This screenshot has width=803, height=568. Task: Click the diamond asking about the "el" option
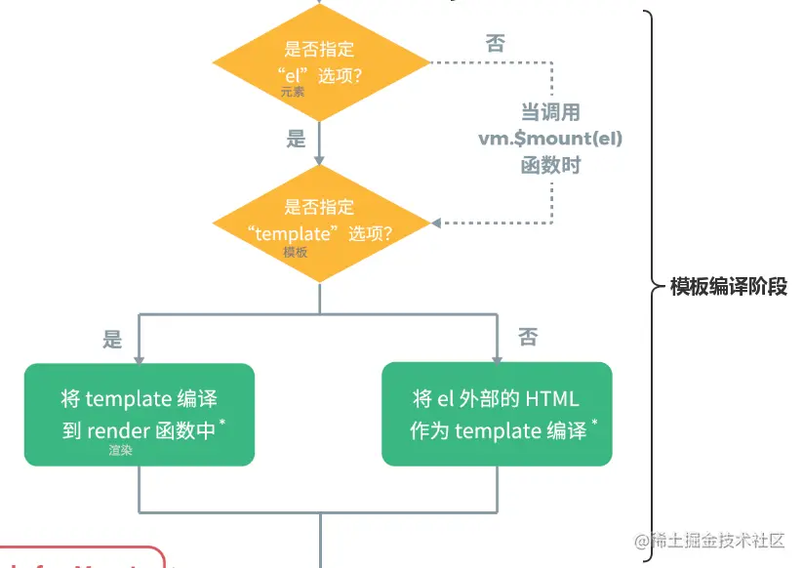tap(320, 63)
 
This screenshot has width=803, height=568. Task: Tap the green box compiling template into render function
tap(140, 414)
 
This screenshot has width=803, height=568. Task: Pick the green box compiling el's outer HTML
tap(497, 414)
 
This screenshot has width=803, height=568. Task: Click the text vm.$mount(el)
tap(550, 139)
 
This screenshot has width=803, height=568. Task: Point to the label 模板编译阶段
tap(728, 287)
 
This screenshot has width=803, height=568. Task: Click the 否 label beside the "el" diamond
tap(495, 43)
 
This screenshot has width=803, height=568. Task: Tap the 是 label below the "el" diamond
tap(297, 140)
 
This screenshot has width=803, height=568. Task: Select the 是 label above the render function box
tap(113, 340)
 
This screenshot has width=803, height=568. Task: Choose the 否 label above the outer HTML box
tap(528, 338)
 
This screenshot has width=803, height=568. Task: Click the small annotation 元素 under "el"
tap(294, 93)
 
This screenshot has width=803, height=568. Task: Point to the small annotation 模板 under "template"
tap(296, 252)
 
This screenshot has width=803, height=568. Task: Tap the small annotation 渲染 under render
tap(121, 451)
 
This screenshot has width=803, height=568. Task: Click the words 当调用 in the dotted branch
tap(550, 112)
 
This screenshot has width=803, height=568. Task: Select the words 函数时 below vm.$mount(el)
tap(550, 165)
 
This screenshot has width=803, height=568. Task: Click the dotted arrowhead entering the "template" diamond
tap(436, 223)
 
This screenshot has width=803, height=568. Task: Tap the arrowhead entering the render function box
tap(140, 357)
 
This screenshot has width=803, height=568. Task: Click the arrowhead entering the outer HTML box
tap(497, 357)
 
